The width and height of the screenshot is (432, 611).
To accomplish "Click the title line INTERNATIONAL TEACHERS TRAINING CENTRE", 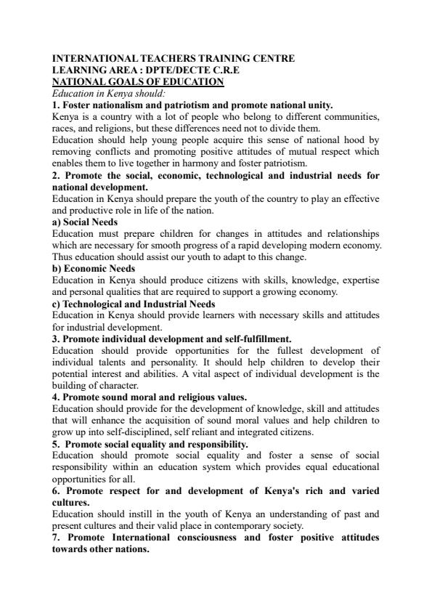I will (174, 58).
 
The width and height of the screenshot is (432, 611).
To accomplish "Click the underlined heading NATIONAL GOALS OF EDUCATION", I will (138, 81).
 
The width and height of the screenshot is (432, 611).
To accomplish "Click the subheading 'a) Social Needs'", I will (85, 222).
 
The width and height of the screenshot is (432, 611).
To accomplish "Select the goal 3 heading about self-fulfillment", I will (171, 339).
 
